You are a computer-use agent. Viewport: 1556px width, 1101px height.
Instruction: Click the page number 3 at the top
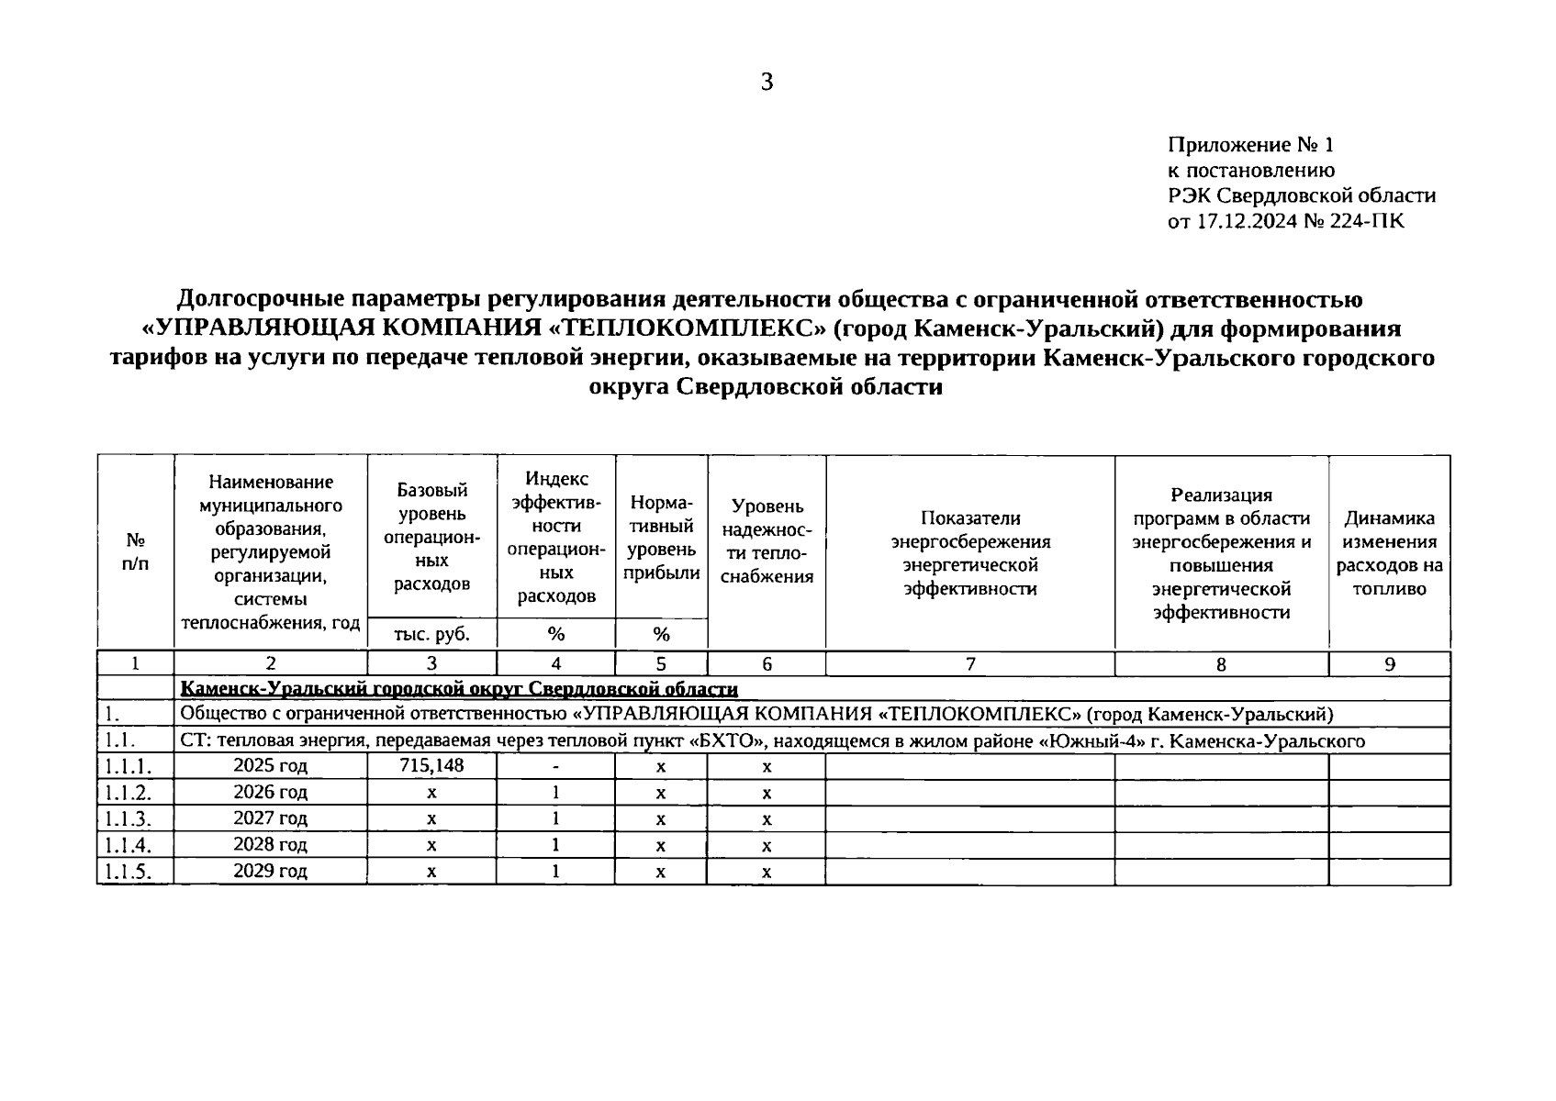[767, 83]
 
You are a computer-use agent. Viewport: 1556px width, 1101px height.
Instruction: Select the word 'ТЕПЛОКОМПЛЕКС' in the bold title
[689, 328]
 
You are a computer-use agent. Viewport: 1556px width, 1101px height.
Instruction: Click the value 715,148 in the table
[431, 765]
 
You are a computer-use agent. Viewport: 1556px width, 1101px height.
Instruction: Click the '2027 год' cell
[270, 817]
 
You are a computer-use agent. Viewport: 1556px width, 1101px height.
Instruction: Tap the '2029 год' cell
[270, 871]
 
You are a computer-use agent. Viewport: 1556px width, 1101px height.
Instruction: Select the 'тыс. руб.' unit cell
[431, 634]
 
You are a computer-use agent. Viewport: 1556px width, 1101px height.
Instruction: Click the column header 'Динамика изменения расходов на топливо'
[1389, 553]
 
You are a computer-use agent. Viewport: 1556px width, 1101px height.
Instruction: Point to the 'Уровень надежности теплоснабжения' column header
[767, 541]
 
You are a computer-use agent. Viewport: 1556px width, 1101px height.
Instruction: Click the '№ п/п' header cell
[135, 552]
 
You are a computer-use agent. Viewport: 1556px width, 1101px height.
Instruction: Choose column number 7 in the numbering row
[970, 664]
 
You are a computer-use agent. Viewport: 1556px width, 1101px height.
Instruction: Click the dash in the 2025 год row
[555, 765]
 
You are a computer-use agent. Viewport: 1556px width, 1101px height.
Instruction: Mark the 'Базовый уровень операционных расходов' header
[431, 537]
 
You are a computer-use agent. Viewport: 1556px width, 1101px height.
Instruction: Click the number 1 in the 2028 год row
[555, 844]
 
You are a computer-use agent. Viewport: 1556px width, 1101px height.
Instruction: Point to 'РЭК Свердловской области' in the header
[1301, 195]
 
